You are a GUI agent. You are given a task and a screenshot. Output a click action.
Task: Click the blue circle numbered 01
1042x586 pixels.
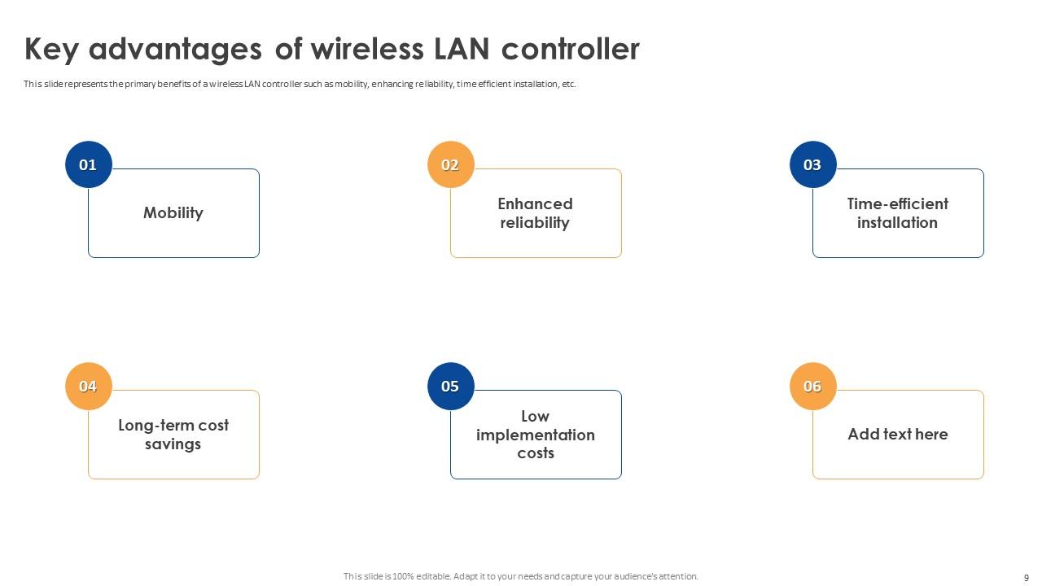pos(88,164)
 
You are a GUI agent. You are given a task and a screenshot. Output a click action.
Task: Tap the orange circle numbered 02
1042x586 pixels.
pos(450,164)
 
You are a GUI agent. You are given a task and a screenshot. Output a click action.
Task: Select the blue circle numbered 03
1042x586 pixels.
pos(812,164)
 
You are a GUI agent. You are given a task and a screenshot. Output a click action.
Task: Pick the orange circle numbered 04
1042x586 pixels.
pos(88,386)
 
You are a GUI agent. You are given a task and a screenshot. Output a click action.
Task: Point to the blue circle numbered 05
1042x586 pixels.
pos(450,386)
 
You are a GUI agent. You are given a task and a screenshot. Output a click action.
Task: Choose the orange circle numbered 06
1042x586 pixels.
pos(812,386)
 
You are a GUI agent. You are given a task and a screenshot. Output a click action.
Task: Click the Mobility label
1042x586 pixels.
pos(173,213)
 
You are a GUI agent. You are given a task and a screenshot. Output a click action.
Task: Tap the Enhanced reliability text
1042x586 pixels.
pos(536,213)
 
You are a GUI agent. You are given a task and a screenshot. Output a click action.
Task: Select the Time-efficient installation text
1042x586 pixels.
pos(898,213)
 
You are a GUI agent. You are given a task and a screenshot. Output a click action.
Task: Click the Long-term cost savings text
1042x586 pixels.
pos(173,435)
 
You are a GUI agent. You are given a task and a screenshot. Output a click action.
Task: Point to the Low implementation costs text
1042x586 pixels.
pos(536,435)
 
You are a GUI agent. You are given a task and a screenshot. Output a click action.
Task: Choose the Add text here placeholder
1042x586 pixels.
pos(898,435)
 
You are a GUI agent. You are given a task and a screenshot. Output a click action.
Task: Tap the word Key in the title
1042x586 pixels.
pos(51,50)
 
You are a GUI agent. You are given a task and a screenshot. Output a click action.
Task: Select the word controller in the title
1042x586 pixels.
pos(570,50)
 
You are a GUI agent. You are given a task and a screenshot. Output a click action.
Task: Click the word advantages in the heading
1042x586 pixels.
pos(175,50)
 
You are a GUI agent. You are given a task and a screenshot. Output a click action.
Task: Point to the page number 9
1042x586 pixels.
pos(1027,577)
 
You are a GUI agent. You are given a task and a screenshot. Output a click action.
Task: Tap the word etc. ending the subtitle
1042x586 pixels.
pos(569,84)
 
